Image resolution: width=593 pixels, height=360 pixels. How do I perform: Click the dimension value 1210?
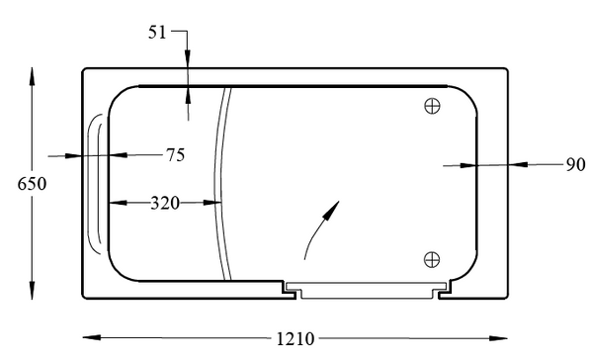tap(295, 339)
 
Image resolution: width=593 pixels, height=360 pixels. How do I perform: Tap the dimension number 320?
tap(164, 204)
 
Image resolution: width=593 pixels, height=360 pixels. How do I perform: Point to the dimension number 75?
tap(174, 154)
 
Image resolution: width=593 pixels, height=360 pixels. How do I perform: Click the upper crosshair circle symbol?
tap(431, 106)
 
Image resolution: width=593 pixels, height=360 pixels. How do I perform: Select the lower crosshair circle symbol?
tap(431, 259)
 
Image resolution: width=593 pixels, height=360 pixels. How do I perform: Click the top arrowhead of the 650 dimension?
tap(33, 76)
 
